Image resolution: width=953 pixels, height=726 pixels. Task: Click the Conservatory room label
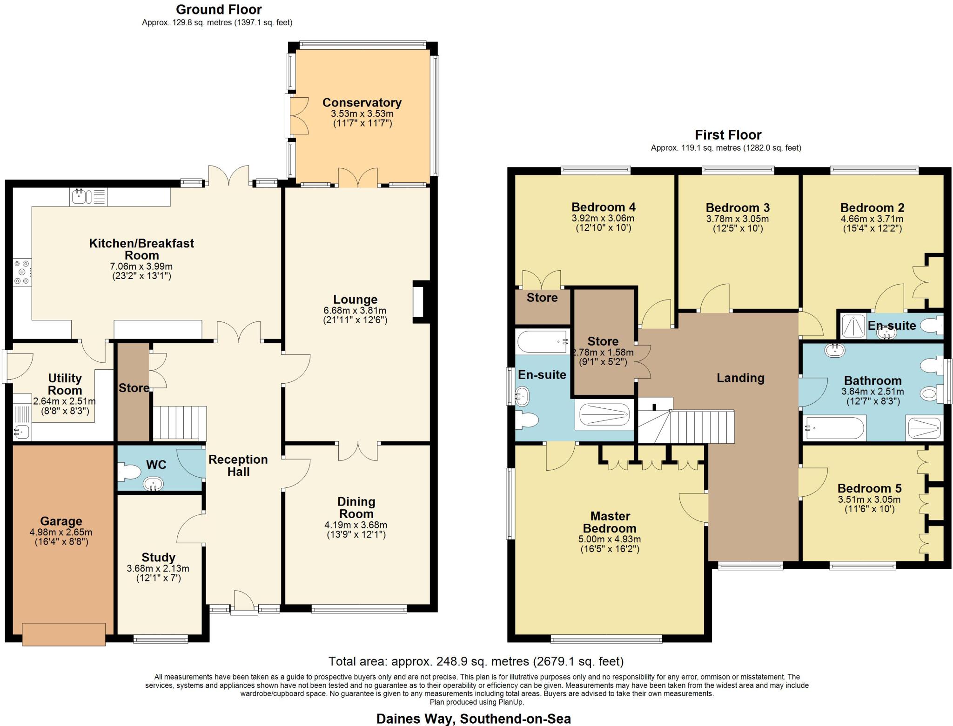[x=362, y=103]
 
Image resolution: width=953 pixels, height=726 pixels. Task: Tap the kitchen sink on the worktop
[x=80, y=197]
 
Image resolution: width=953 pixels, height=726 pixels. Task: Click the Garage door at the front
[x=64, y=634]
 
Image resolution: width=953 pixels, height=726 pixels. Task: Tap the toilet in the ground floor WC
[x=128, y=473]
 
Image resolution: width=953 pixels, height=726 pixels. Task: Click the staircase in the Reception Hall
[x=179, y=423]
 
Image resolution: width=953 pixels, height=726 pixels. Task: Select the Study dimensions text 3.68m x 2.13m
[x=158, y=568]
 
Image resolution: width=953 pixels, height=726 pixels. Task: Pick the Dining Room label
[x=356, y=507]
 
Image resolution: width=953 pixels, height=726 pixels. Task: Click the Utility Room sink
[x=21, y=432]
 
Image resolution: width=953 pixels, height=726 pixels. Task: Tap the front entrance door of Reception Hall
[x=244, y=604]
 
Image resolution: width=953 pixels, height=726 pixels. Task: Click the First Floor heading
[x=728, y=135]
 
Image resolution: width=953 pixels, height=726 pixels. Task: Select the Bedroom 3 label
[x=738, y=207]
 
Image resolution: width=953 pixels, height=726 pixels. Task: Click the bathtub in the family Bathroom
[x=834, y=428]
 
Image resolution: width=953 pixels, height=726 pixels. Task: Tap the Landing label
[x=740, y=378]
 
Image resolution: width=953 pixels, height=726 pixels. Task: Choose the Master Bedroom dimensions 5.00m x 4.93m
[x=610, y=540]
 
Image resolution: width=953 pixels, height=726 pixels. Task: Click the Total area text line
[x=476, y=661]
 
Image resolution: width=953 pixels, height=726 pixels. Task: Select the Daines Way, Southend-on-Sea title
[x=473, y=719]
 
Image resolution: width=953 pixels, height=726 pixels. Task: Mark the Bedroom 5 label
[x=869, y=488]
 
